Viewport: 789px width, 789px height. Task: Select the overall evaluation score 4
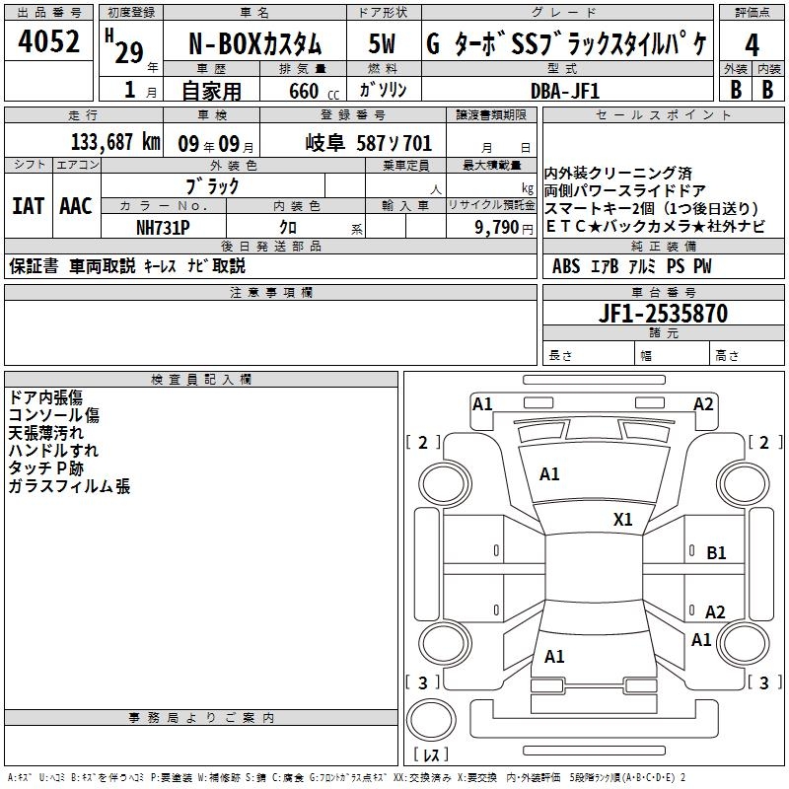point(753,45)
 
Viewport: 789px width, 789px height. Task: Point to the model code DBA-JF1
point(564,90)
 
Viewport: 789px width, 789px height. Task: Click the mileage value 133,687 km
point(116,142)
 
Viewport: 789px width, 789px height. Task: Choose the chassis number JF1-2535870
point(664,315)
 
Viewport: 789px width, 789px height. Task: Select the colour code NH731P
point(163,228)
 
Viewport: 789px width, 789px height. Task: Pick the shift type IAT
point(29,206)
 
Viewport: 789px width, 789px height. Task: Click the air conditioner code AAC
point(76,206)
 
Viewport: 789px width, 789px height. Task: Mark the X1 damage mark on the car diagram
point(622,519)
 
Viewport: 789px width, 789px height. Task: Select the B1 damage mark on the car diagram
point(716,553)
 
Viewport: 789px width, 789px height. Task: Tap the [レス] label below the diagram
point(430,756)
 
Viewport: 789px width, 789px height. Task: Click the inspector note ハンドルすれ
point(46,451)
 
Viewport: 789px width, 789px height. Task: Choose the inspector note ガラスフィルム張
point(68,486)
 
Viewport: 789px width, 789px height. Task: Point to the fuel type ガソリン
point(384,91)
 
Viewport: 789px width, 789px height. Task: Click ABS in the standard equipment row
point(566,266)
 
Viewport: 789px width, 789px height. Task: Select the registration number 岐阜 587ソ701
point(369,143)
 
